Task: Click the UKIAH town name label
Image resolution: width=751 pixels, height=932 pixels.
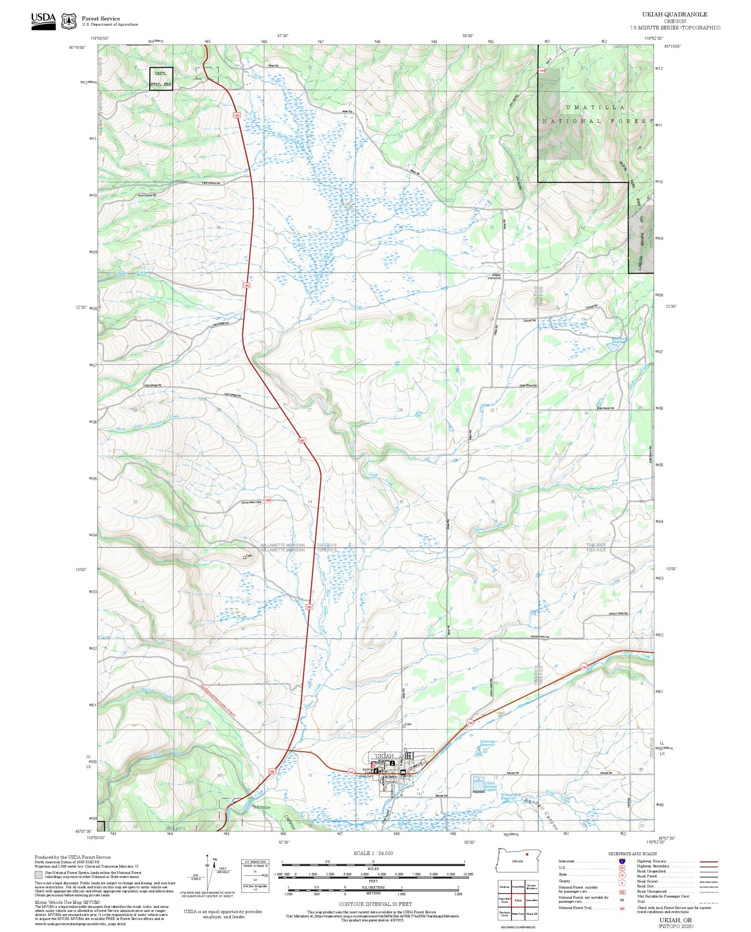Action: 384,756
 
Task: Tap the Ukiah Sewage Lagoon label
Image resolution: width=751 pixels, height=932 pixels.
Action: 490,786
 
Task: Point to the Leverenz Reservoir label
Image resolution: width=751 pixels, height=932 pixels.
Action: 487,743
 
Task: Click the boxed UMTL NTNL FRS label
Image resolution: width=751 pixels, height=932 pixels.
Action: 161,79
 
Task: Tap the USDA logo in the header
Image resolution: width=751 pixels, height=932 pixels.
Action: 43,21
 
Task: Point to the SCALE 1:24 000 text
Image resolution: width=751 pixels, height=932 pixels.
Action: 373,853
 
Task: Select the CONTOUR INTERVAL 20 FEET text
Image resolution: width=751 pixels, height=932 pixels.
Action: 375,904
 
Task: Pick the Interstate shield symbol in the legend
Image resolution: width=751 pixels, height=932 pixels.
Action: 622,862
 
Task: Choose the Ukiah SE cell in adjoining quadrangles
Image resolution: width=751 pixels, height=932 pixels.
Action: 531,914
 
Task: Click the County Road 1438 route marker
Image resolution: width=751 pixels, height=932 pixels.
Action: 267,500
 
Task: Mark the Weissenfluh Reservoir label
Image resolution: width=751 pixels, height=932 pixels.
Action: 510,796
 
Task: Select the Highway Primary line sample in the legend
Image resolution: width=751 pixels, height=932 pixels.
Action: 708,862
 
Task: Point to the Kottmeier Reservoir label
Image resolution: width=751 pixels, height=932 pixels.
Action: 619,340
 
